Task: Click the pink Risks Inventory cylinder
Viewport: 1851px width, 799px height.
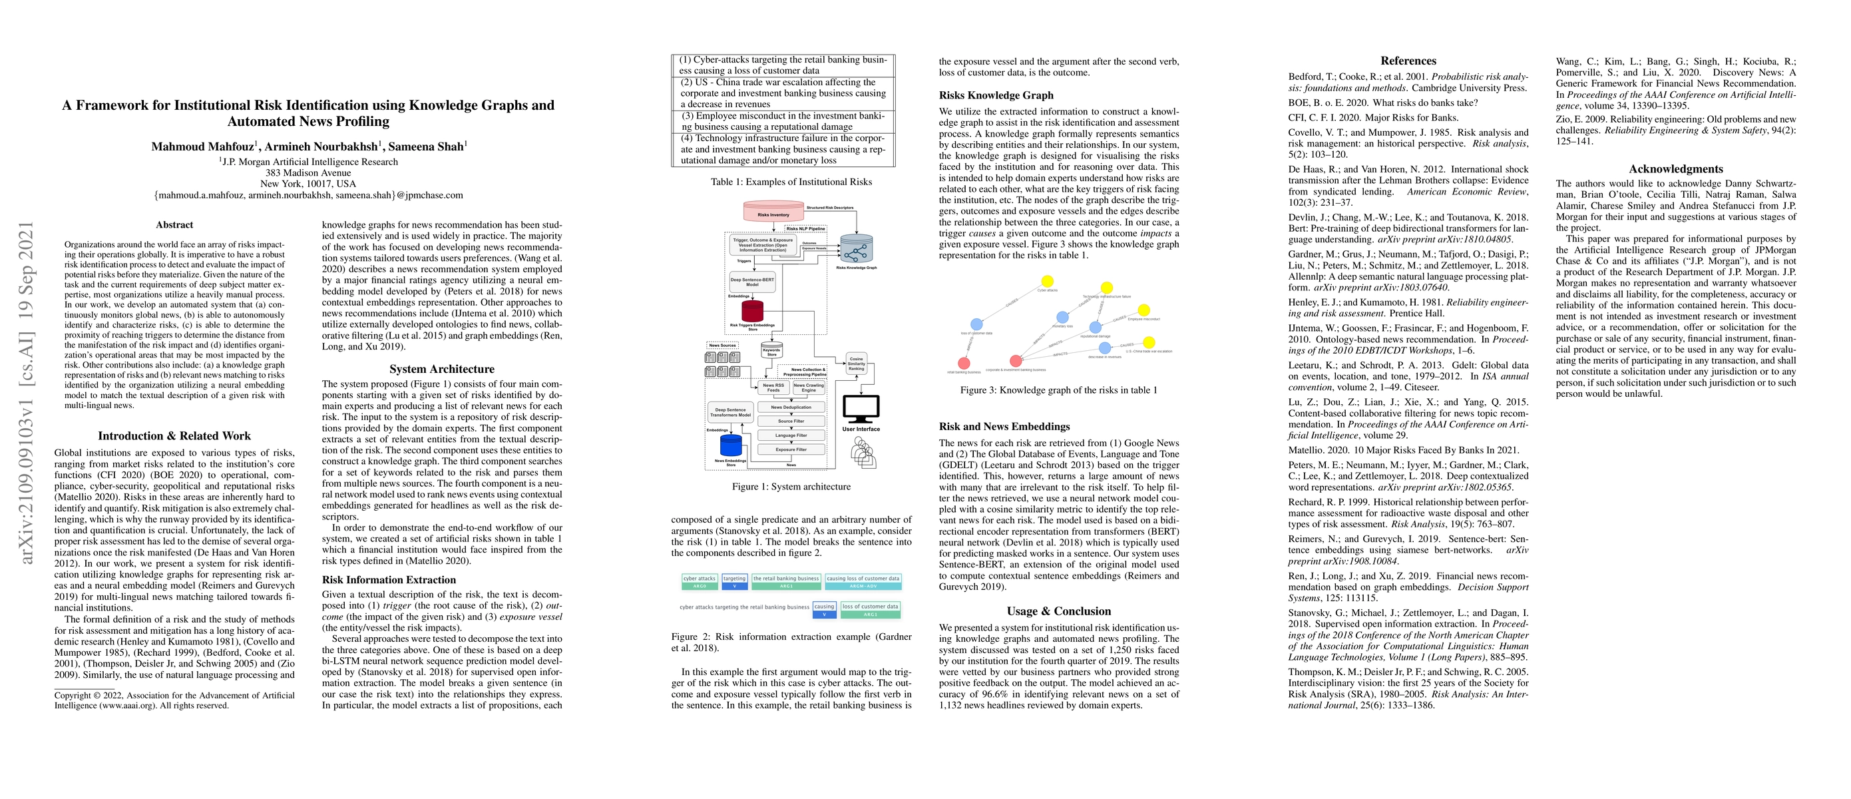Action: coord(773,212)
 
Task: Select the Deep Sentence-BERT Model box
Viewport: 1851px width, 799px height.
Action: coord(751,281)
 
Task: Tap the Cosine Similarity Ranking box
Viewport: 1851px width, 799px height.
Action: coord(856,364)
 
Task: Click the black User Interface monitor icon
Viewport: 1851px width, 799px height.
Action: coord(860,410)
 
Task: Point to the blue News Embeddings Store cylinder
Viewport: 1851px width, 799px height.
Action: coord(730,446)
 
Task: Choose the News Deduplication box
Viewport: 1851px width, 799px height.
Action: coord(791,407)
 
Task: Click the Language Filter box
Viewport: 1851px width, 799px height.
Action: coord(791,435)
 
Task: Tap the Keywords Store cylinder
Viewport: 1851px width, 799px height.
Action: coord(771,350)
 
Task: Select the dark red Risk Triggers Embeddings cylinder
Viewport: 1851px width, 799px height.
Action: coord(751,310)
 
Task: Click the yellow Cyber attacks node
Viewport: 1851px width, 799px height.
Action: coord(1047,282)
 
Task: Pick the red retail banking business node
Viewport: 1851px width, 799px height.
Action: coord(964,364)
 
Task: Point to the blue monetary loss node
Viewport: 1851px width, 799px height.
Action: coord(1062,318)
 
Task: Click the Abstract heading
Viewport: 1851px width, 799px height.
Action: coord(174,225)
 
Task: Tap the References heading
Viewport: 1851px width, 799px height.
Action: coord(1408,61)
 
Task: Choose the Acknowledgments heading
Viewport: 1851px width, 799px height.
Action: coord(1676,169)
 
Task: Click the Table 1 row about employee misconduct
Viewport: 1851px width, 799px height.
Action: coord(783,121)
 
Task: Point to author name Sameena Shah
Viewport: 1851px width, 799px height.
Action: coord(426,146)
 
